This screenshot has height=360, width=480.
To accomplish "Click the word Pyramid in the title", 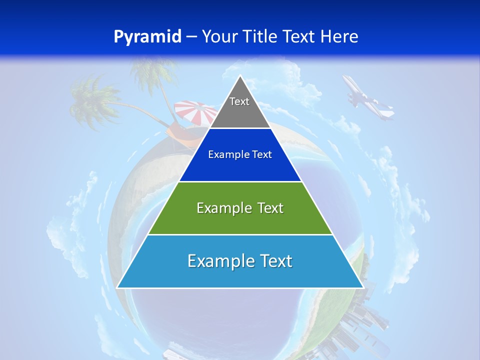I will point(147,37).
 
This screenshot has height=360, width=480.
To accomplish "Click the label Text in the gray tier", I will point(239,102).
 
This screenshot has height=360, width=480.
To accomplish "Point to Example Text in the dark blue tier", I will point(240,154).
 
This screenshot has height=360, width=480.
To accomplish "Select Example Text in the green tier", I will point(240,208).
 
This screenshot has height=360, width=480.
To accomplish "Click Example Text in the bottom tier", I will point(240,261).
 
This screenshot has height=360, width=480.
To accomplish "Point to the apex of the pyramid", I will point(240,76).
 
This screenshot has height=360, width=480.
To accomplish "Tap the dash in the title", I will point(191,37).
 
